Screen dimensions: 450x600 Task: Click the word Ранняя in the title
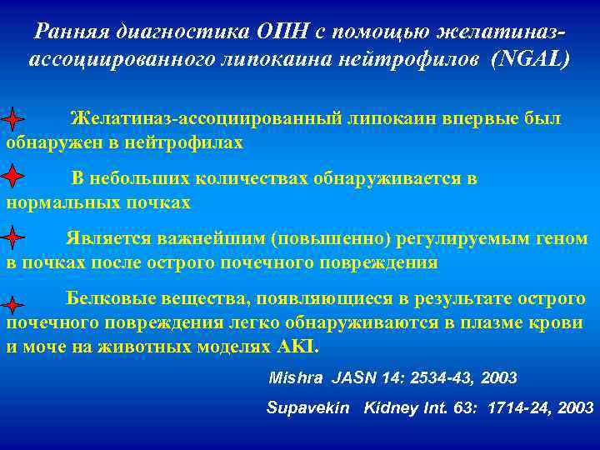tap(69, 32)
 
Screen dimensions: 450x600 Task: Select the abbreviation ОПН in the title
tap(278, 32)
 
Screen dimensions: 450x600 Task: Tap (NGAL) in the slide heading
tap(530, 60)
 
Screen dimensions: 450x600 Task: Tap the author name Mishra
tap(296, 377)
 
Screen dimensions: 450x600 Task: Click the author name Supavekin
tap(308, 408)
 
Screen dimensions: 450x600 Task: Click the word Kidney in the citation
tap(387, 408)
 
